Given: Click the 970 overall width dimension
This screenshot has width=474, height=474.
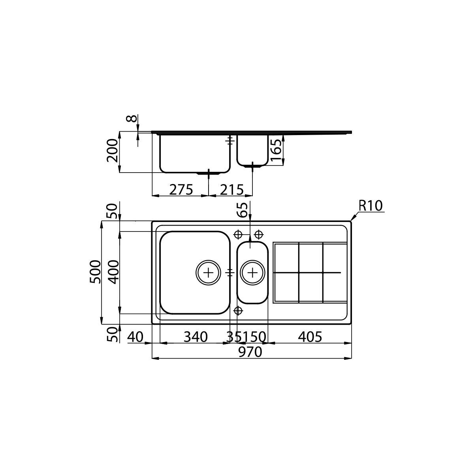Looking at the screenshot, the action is [x=250, y=352].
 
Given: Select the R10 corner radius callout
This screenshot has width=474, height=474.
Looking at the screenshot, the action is [x=371, y=206].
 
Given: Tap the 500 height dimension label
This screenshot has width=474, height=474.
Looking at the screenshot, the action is [x=96, y=272].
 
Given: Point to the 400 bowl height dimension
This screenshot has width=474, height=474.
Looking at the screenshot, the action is [x=113, y=272].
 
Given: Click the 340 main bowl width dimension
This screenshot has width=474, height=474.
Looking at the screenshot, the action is [x=196, y=337].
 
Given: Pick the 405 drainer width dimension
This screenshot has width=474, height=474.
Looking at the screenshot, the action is [x=310, y=337].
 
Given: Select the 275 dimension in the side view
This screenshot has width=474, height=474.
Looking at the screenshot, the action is [x=181, y=190].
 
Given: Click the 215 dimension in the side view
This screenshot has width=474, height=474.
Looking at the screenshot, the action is [x=231, y=190].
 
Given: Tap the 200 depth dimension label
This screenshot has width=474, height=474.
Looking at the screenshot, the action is [x=112, y=150].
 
